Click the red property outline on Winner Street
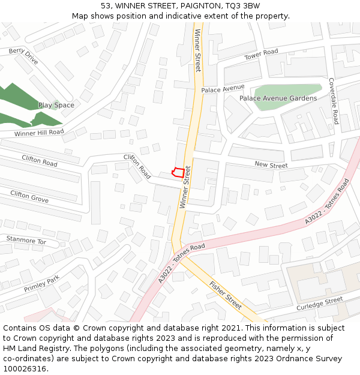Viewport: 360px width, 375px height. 177,172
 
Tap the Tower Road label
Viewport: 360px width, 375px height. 261,55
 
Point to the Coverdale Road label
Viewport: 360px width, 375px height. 334,100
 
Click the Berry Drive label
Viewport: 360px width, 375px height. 23,57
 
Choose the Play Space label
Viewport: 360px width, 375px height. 56,105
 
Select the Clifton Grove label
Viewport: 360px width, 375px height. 29,196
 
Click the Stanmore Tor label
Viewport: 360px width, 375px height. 26,241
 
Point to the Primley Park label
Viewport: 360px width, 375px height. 42,284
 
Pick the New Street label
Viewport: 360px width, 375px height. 271,165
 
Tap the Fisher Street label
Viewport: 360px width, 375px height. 226,295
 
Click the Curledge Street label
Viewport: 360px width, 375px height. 319,304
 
